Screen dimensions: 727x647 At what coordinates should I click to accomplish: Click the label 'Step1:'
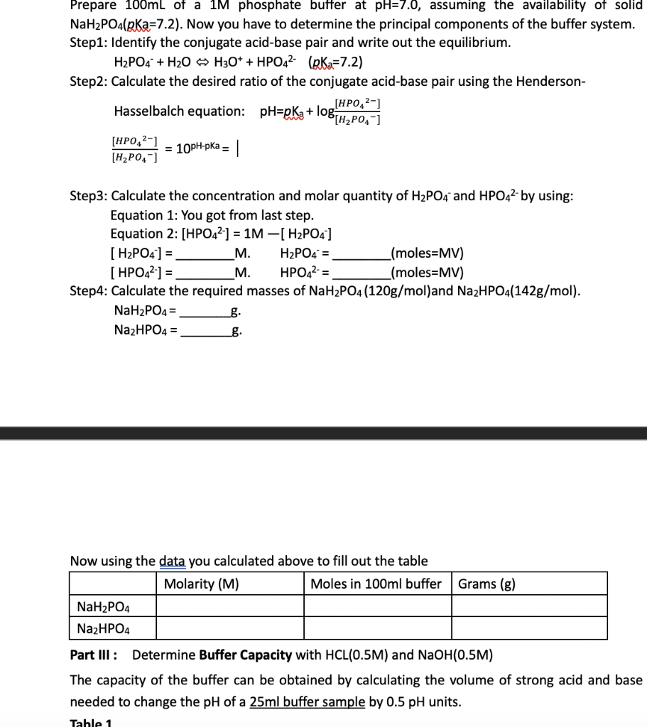(x=89, y=43)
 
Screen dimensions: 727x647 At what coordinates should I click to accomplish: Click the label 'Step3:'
(x=89, y=196)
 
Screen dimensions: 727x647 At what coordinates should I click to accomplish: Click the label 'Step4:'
(x=89, y=291)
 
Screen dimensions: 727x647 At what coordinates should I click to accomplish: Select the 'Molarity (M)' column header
(x=201, y=584)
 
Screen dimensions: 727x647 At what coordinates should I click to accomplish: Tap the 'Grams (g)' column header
(x=487, y=584)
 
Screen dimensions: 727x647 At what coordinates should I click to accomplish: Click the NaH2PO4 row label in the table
(x=103, y=606)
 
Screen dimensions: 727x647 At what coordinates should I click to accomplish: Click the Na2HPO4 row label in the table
(x=103, y=628)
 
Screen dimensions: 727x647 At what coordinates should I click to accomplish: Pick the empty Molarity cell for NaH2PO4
(x=229, y=606)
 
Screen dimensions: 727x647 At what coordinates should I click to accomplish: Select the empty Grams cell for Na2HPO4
(x=529, y=628)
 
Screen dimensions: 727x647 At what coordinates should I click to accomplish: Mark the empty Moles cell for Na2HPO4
(x=377, y=628)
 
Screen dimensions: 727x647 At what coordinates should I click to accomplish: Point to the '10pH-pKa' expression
(x=195, y=148)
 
